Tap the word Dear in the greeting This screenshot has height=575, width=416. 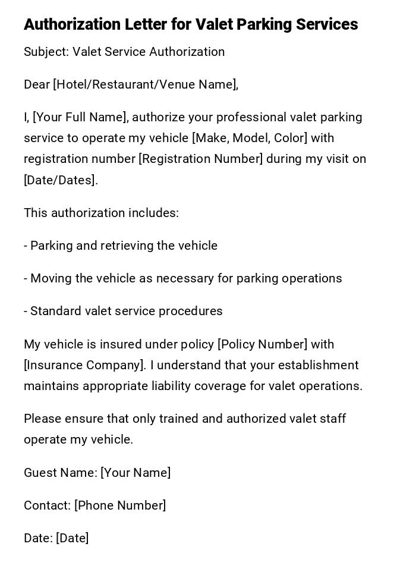[x=37, y=84]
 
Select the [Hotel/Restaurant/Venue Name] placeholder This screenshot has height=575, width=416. [x=146, y=84]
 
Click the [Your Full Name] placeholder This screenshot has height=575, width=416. [x=80, y=117]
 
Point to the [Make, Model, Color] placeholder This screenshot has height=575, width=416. [x=250, y=138]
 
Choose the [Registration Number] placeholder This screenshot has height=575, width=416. [x=201, y=159]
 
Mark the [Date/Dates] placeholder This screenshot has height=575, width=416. [x=61, y=180]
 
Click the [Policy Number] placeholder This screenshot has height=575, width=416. [x=263, y=344]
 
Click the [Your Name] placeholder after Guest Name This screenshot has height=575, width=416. [x=135, y=473]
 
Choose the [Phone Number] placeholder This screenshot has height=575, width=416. [x=120, y=505]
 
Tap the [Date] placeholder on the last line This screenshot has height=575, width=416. [x=73, y=538]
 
